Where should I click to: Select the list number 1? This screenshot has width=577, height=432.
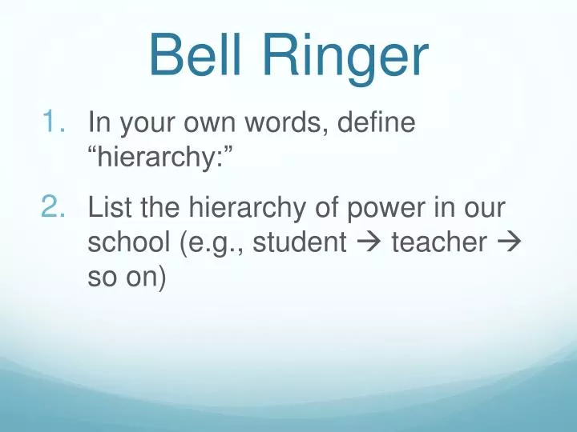[x=56, y=123]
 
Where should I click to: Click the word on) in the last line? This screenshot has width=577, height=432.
[x=145, y=276]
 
